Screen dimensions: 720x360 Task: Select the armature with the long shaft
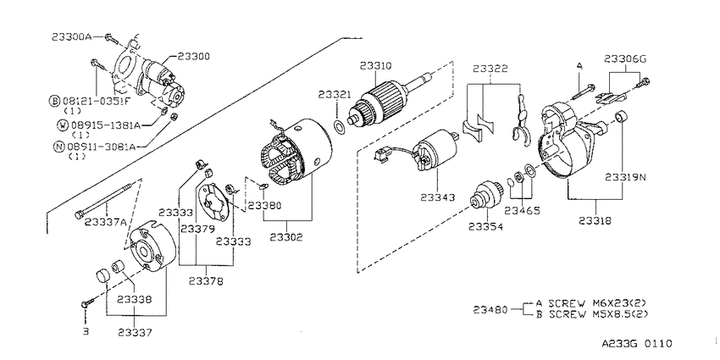tap(391, 100)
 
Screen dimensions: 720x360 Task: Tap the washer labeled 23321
tap(340, 127)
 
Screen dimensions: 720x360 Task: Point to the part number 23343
tap(437, 197)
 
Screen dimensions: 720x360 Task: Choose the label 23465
tap(522, 211)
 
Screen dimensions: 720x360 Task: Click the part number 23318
tap(595, 221)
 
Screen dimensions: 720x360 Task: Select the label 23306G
tap(625, 58)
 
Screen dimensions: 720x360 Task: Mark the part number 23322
tap(490, 69)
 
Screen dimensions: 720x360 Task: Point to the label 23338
tap(134, 299)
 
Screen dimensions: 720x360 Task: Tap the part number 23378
tap(205, 281)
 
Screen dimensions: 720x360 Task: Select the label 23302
tap(286, 237)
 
